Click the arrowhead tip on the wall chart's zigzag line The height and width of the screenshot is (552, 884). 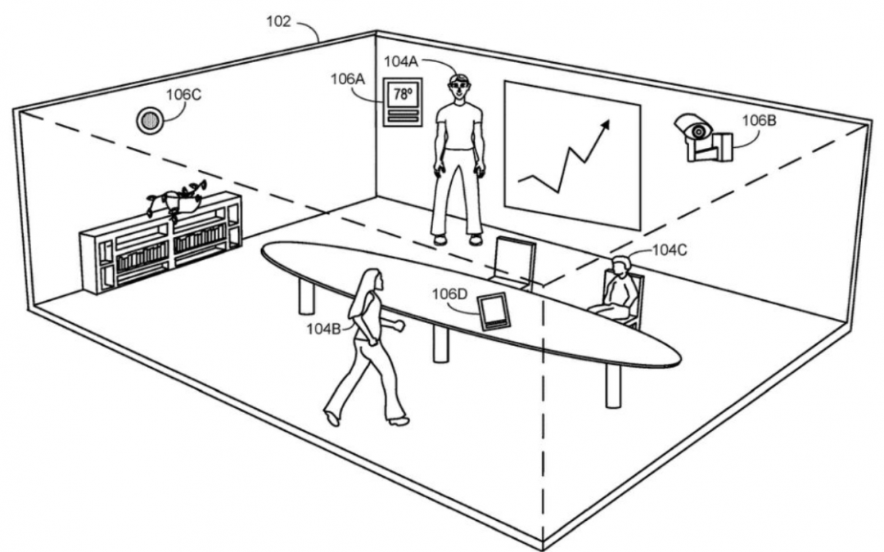[610, 120]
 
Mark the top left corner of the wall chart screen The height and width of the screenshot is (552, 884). [504, 82]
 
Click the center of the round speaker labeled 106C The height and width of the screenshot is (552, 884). [150, 120]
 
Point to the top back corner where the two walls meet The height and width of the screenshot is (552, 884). [376, 32]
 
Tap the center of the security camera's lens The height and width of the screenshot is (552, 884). [699, 132]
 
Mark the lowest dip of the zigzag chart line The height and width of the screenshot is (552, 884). [558, 191]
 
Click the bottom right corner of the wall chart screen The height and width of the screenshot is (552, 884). [640, 231]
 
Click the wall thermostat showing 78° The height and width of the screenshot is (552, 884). [403, 102]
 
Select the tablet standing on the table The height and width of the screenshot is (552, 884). [494, 312]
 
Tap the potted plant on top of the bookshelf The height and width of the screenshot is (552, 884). [176, 200]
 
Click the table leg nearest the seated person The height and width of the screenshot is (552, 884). [613, 386]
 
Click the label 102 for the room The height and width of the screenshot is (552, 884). [278, 22]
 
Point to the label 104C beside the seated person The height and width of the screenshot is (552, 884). [670, 250]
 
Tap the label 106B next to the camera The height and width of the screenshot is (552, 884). [759, 120]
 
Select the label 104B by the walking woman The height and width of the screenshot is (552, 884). [323, 329]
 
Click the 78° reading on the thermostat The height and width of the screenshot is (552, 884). [403, 94]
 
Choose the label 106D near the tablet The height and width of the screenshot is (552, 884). [450, 294]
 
